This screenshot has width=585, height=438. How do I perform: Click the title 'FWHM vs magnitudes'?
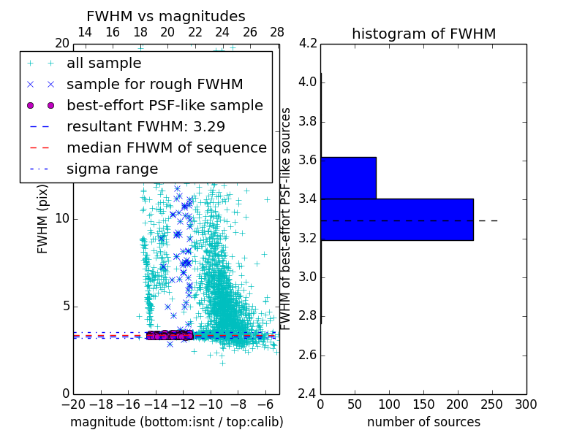pyautogui.click(x=165, y=16)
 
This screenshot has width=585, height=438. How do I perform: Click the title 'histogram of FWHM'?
pyautogui.click(x=423, y=34)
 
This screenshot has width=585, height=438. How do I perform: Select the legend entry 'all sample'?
pyautogui.click(x=104, y=64)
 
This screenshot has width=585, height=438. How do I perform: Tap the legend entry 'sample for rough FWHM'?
pyautogui.click(x=154, y=84)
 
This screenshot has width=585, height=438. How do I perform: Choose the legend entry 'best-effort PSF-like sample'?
pyautogui.click(x=165, y=105)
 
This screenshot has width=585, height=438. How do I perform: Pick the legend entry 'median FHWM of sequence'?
pyautogui.click(x=166, y=147)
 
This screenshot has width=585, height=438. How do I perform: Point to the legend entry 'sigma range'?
pyautogui.click(x=112, y=169)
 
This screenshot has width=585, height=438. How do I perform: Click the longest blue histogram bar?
pyautogui.click(x=396, y=219)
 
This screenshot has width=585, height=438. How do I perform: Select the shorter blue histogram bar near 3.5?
pyautogui.click(x=348, y=177)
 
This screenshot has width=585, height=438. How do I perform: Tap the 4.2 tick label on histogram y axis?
pyautogui.click(x=308, y=43)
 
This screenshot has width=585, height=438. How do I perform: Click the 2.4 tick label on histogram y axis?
pyautogui.click(x=308, y=394)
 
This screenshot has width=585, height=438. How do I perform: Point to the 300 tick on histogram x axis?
pyautogui.click(x=526, y=404)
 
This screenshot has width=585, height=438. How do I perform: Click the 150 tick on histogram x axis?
pyautogui.click(x=423, y=404)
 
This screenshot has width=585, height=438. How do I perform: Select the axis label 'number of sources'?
pyautogui.click(x=423, y=422)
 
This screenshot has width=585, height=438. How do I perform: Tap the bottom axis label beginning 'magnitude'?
pyautogui.click(x=176, y=422)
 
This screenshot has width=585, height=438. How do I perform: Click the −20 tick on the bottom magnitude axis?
pyautogui.click(x=73, y=404)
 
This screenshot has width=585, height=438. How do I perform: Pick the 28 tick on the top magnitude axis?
pyautogui.click(x=277, y=32)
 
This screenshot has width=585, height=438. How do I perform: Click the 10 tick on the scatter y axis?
pyautogui.click(x=63, y=218)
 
